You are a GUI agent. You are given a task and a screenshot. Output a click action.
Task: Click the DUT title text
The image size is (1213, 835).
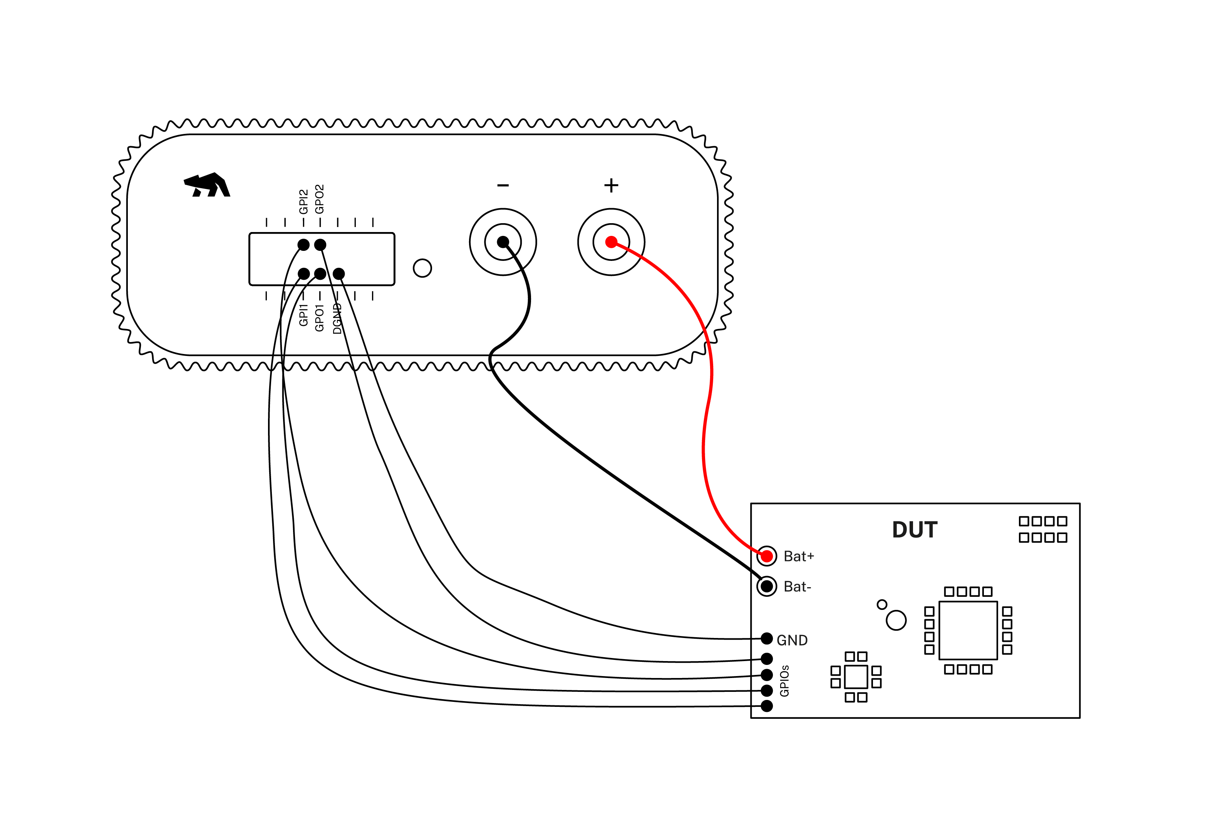914,530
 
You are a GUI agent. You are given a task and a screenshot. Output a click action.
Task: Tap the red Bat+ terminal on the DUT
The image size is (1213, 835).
766,556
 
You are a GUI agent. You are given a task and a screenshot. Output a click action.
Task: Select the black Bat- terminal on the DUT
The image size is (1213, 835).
766,586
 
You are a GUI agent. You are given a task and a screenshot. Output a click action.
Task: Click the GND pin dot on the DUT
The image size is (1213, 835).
766,638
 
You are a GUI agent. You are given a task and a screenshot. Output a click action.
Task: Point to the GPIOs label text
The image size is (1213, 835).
784,681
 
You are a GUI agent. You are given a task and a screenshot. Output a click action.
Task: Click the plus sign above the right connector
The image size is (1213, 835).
611,185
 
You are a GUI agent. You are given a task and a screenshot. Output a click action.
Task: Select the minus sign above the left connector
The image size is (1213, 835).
503,185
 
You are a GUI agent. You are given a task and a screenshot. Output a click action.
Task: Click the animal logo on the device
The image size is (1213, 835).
208,185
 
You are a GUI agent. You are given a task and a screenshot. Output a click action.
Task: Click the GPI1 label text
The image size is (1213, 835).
303,315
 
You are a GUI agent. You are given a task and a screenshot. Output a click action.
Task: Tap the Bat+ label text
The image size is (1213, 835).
798,556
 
